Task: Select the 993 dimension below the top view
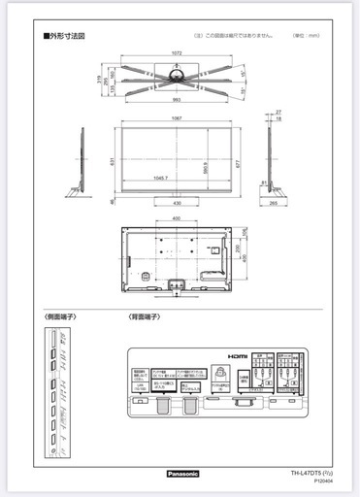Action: click(174, 100)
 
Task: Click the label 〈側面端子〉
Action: click(60, 317)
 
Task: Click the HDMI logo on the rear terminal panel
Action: click(239, 356)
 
